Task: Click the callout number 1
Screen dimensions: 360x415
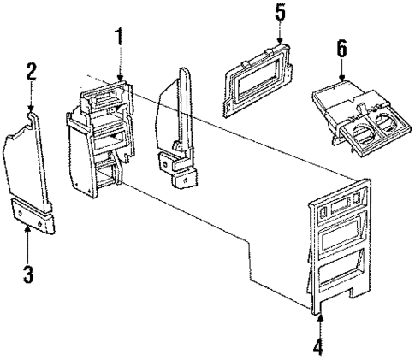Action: [121, 38]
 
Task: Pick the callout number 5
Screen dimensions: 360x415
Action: [280, 14]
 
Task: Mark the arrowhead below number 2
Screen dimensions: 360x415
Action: [31, 109]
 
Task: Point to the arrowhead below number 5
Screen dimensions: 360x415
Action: [280, 42]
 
